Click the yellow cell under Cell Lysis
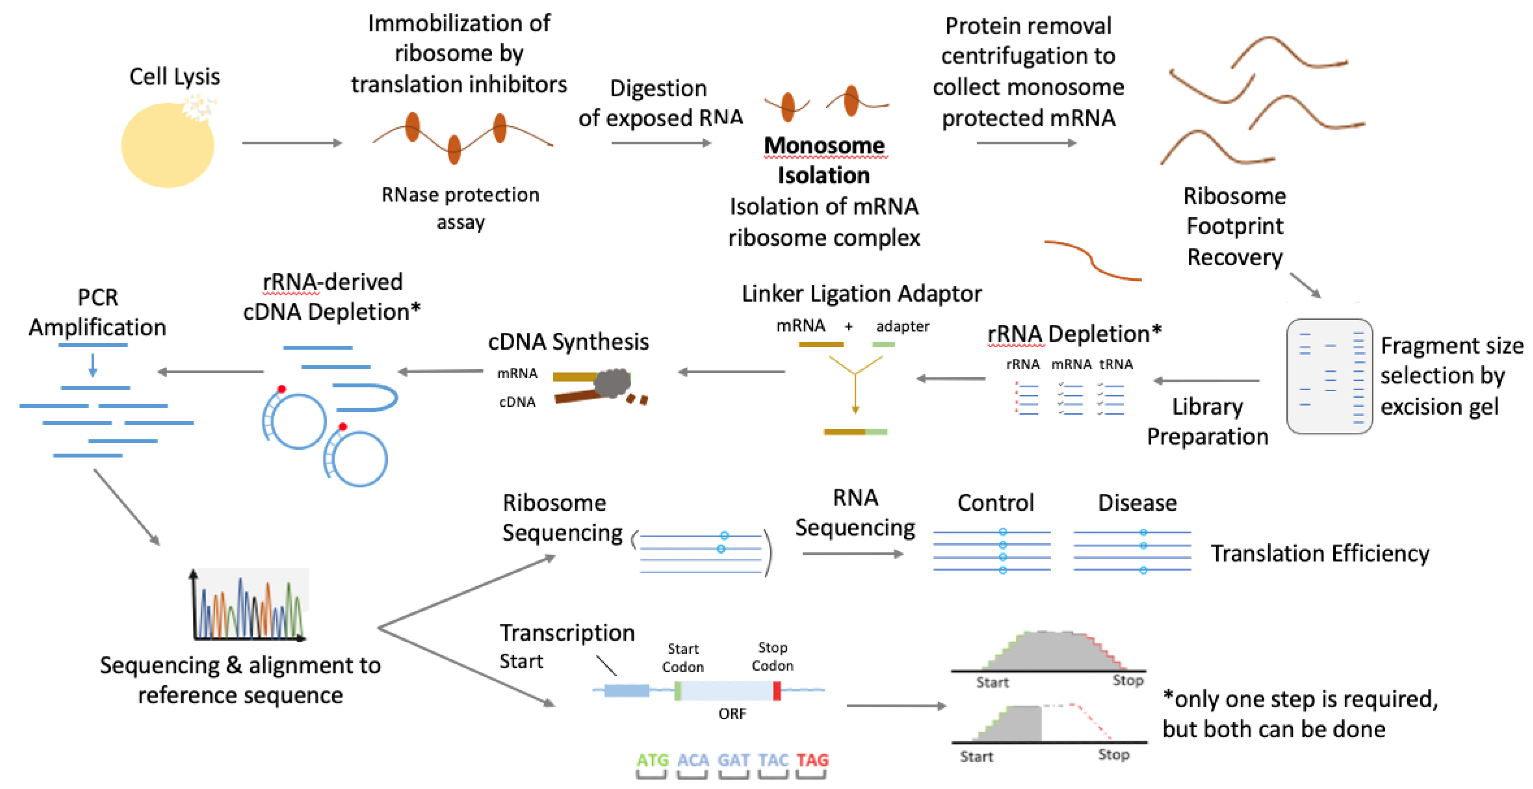click(168, 145)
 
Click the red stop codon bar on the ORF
click(777, 691)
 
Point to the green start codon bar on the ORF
click(678, 691)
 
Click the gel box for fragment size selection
click(1330, 376)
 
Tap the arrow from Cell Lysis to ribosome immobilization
click(292, 143)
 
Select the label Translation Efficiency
click(1320, 553)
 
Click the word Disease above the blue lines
click(1137, 503)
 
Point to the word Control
click(996, 503)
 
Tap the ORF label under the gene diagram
click(732, 713)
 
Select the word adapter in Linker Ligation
click(902, 326)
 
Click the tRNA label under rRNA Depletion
click(1116, 364)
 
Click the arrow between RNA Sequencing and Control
click(853, 554)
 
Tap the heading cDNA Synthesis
click(568, 341)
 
